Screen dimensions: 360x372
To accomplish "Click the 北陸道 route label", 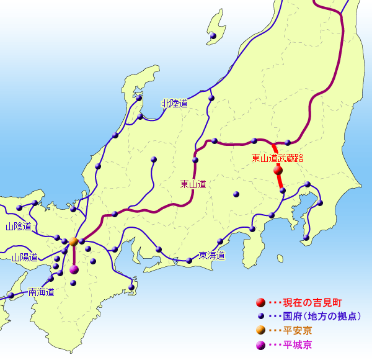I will point(174,104).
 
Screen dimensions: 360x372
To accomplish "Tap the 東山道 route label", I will point(193,184).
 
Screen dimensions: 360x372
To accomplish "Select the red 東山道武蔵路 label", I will point(277,158).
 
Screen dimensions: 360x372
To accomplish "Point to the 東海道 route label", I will point(211,255).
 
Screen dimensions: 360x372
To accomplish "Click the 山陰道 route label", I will point(18,227).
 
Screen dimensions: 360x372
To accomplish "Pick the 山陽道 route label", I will point(24,257).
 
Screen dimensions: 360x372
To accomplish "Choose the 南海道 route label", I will point(41,292).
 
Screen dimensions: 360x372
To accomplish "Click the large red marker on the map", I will point(278,169).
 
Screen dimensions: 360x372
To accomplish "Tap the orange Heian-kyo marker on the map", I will point(73,241).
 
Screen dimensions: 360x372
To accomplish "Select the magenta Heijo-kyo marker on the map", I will point(74,269).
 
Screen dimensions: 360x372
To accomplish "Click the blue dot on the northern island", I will point(213,36).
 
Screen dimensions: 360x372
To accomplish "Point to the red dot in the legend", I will point(260,303).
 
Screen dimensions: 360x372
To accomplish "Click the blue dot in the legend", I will point(261,317).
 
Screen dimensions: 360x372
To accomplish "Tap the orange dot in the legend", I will point(260,330).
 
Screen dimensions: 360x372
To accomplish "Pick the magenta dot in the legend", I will point(260,344).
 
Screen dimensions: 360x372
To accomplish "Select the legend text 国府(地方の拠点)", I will point(322,317).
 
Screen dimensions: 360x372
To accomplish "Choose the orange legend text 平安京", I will point(298,331).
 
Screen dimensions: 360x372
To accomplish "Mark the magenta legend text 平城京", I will point(298,344).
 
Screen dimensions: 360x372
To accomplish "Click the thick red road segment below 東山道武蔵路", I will point(280,181).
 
